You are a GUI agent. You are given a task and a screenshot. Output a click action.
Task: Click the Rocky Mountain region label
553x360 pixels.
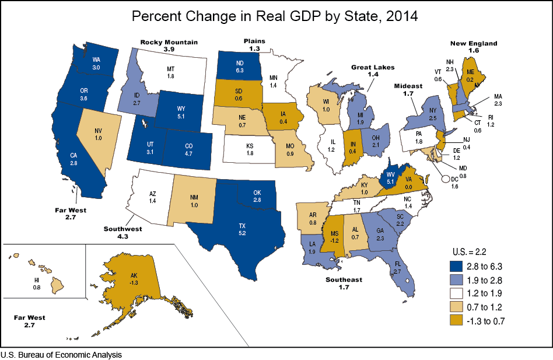tap(169, 42)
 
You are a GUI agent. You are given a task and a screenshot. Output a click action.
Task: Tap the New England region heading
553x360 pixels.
tap(473, 43)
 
